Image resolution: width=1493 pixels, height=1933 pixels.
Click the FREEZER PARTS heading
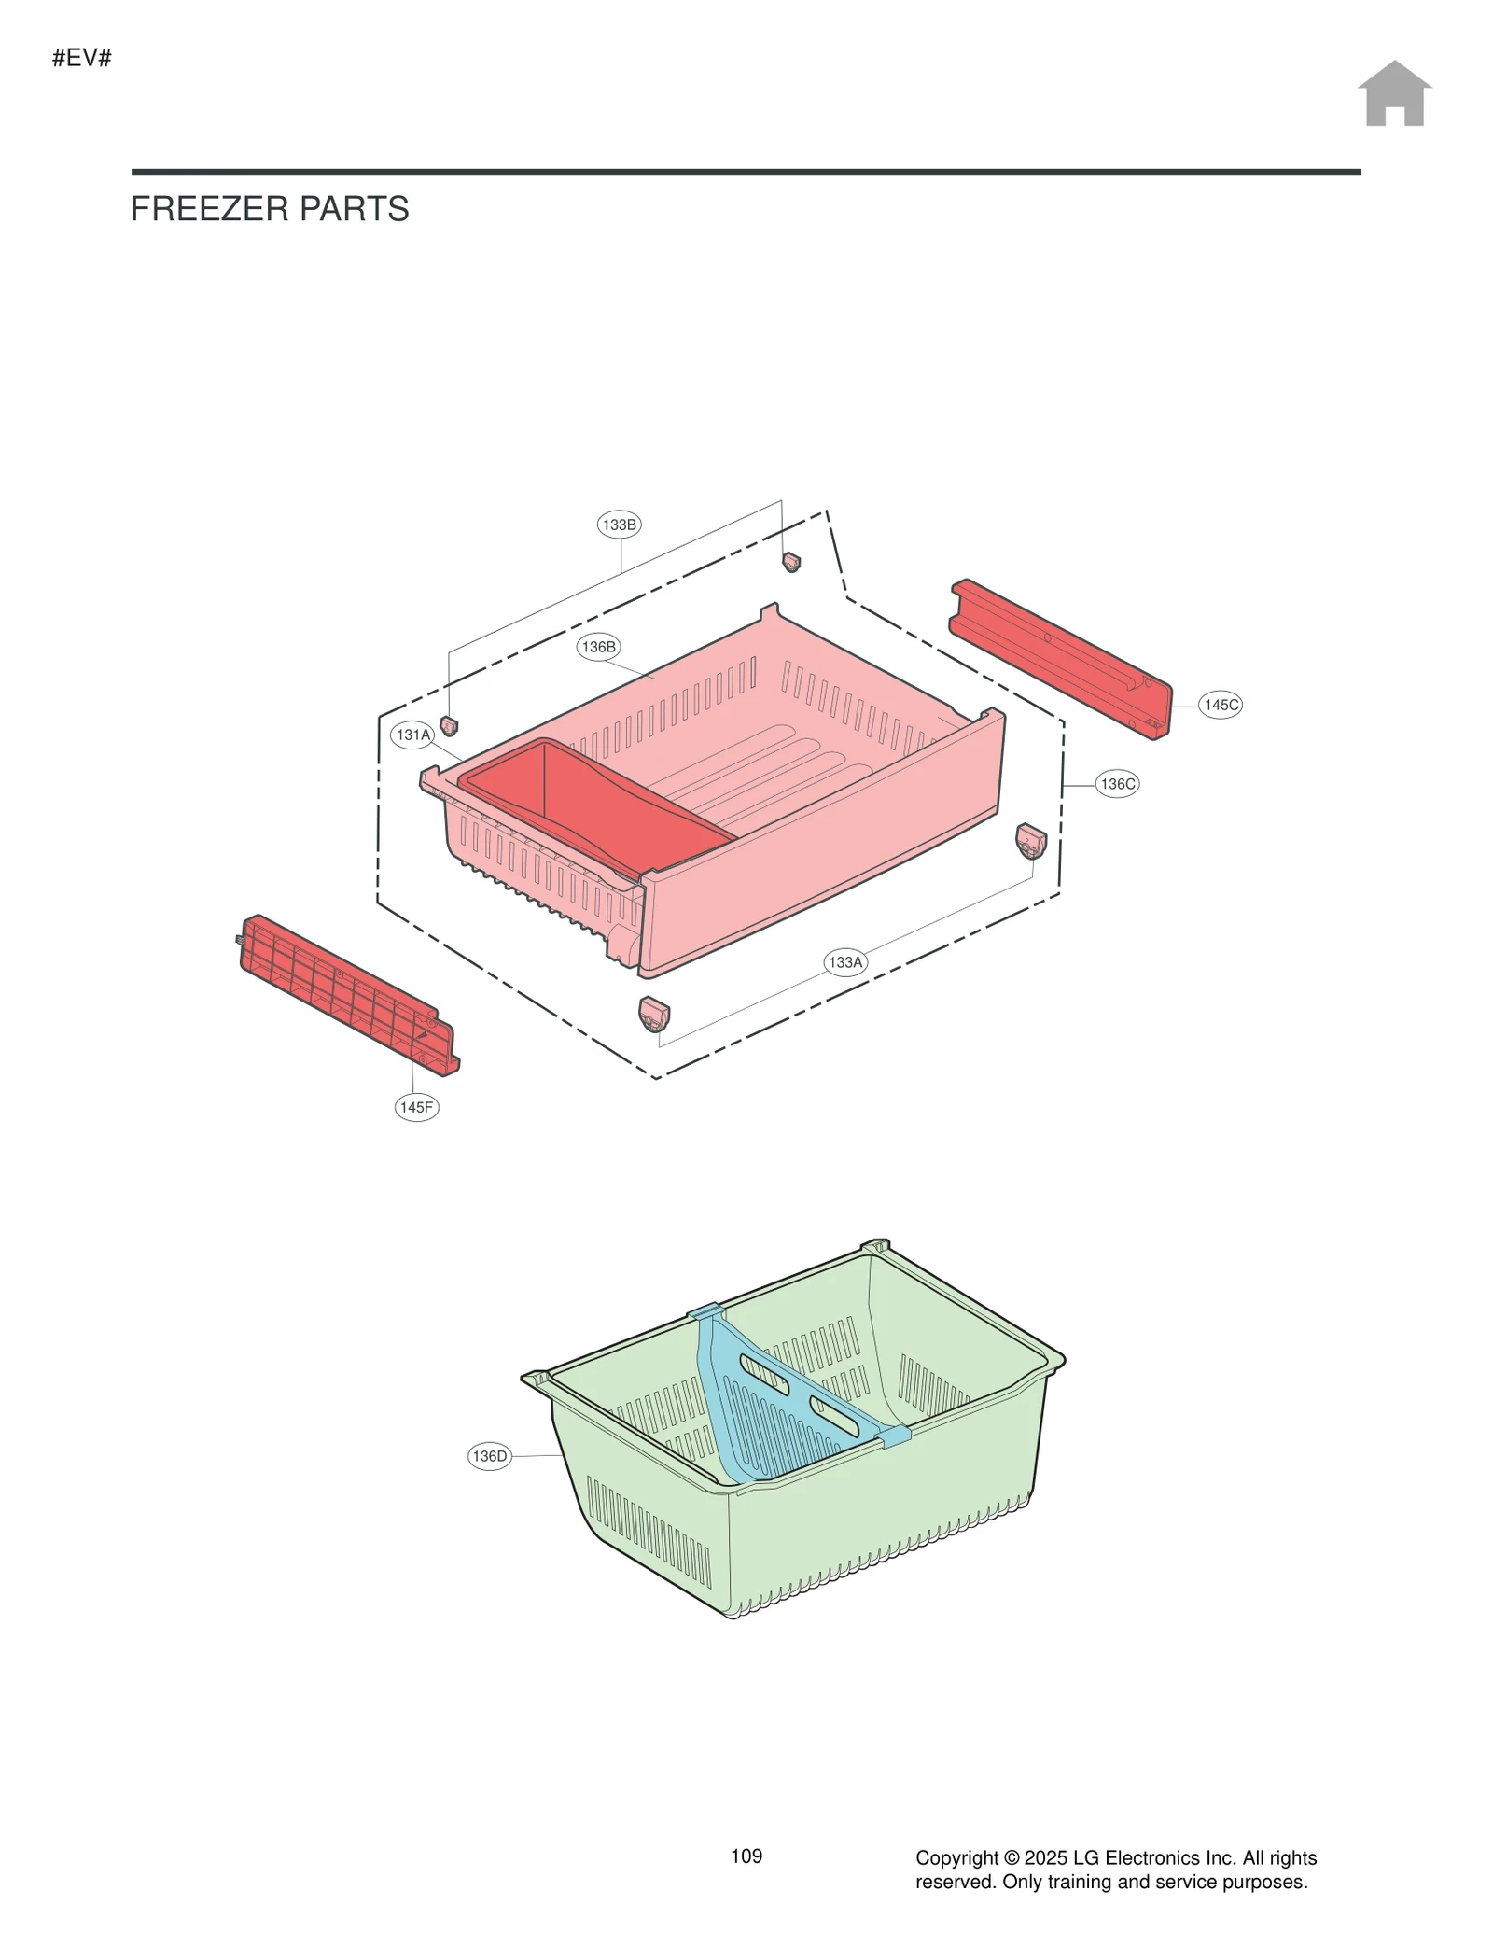(270, 209)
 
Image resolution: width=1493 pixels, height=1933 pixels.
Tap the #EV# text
(82, 58)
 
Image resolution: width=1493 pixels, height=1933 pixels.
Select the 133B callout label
(619, 525)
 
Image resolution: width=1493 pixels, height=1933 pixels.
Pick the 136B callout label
(598, 647)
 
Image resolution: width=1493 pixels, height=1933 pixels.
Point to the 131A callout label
(413, 735)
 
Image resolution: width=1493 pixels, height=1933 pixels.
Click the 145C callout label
(1221, 705)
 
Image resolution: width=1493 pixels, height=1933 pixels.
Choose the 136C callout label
(1117, 784)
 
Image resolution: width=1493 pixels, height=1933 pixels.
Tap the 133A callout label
(845, 961)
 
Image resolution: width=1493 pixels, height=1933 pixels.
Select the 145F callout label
(416, 1107)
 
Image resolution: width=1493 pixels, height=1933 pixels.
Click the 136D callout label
(490, 1456)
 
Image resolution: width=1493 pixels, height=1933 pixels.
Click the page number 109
(746, 1856)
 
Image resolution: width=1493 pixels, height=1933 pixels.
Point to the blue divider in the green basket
(774, 1400)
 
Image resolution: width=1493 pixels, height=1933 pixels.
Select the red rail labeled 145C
(1060, 657)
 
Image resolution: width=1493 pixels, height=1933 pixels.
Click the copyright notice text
(1115, 1869)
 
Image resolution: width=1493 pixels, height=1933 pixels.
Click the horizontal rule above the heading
(746, 172)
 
